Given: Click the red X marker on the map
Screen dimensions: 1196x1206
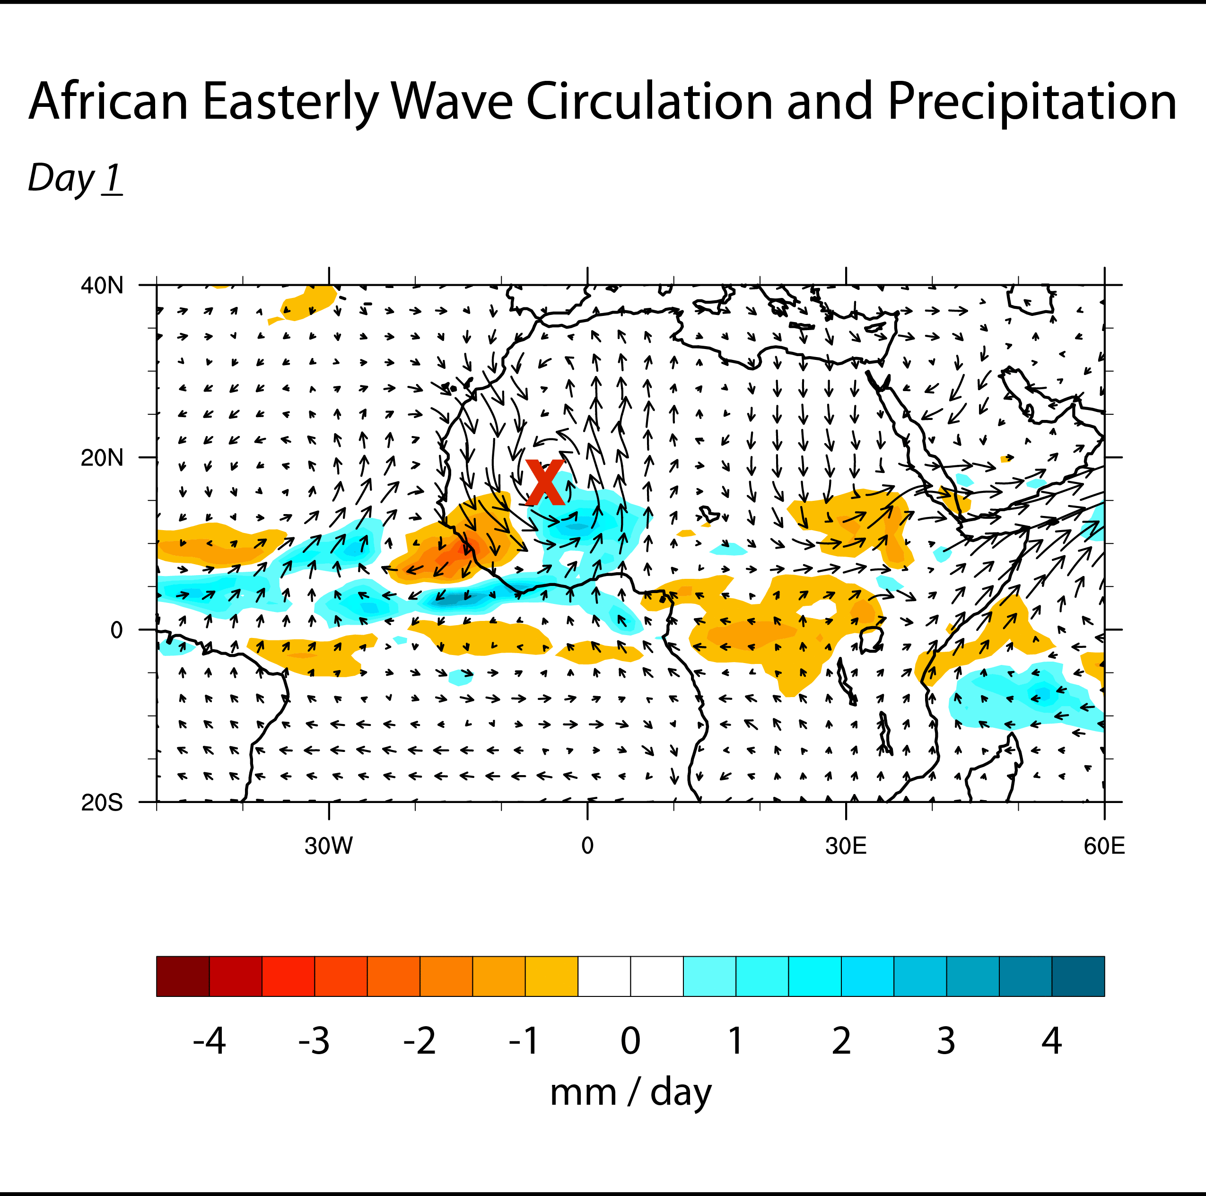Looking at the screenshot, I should tap(544, 482).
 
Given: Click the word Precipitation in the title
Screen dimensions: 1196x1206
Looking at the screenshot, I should tap(1031, 102).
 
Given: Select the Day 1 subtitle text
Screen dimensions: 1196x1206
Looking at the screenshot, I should tap(75, 179).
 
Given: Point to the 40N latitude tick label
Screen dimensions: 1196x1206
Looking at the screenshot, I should tap(102, 286).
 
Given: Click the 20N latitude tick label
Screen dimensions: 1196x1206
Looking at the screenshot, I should tap(102, 458).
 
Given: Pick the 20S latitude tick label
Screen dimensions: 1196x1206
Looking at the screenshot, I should tap(102, 803).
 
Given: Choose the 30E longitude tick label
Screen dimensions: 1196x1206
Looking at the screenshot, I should tap(845, 847).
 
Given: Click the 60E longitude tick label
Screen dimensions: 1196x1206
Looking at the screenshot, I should tap(1104, 847).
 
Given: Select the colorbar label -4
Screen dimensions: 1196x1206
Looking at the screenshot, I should tap(209, 1041).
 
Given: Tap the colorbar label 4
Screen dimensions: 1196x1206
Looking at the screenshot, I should tap(1051, 1041).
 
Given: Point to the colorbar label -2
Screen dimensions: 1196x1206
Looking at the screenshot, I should tap(419, 1041).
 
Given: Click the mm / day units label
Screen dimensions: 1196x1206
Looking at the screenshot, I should tap(630, 1093).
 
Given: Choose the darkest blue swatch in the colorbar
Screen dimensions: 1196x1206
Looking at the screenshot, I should tap(1078, 976).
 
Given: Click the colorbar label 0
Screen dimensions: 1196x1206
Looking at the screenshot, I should tap(630, 1041).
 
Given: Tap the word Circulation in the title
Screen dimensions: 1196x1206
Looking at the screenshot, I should tap(649, 102).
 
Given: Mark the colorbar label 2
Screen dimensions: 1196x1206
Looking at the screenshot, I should tap(841, 1041).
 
